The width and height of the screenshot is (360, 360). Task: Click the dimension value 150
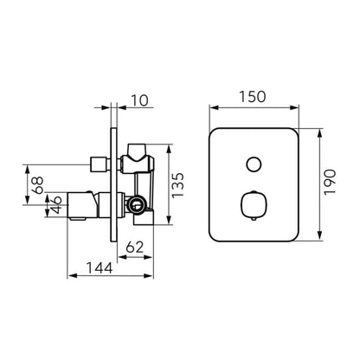pyautogui.click(x=253, y=97)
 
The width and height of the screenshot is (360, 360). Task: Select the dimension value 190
pyautogui.click(x=330, y=183)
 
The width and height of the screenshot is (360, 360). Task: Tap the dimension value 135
pyautogui.click(x=177, y=185)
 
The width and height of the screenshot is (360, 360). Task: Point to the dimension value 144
pyautogui.click(x=100, y=268)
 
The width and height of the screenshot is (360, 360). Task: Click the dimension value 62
pyautogui.click(x=135, y=247)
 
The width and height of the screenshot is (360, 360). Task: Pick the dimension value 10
pyautogui.click(x=140, y=100)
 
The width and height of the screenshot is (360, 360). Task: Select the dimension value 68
pyautogui.click(x=37, y=185)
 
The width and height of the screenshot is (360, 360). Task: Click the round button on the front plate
pyautogui.click(x=254, y=164)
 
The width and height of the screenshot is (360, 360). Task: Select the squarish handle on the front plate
pyautogui.click(x=254, y=205)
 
